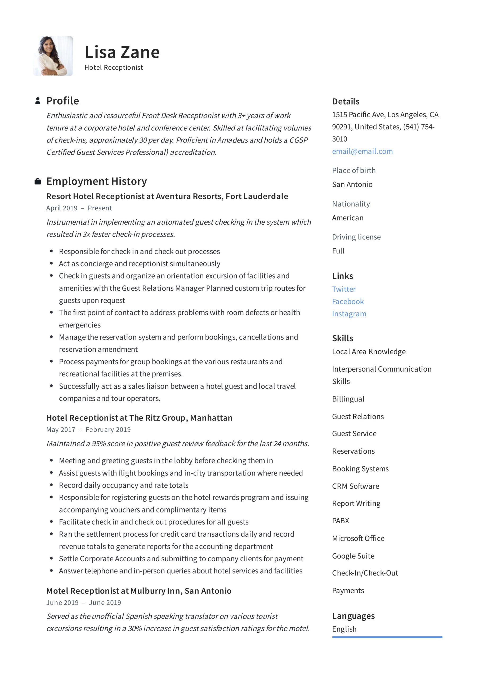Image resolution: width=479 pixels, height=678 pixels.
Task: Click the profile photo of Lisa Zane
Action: click(x=53, y=56)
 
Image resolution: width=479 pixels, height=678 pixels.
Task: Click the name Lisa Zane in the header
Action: click(x=122, y=52)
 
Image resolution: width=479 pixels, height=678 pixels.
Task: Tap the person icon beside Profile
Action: click(x=38, y=101)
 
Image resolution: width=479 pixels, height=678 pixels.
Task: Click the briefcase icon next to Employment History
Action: click(x=38, y=181)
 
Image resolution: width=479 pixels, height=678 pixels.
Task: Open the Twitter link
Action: click(x=344, y=289)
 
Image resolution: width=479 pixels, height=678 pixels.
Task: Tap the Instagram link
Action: click(x=349, y=314)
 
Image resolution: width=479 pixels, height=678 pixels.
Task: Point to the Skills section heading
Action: click(x=343, y=338)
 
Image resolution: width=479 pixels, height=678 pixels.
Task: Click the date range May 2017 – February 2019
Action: click(x=88, y=430)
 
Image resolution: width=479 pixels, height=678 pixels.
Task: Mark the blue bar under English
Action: click(x=387, y=637)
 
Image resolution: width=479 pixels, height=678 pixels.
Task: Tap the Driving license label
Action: click(x=356, y=237)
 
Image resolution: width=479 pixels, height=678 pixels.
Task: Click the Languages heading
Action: click(x=353, y=616)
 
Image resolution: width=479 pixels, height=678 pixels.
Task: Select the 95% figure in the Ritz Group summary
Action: click(x=99, y=444)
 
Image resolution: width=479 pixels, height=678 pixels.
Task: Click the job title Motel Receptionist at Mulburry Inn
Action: click(x=139, y=591)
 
